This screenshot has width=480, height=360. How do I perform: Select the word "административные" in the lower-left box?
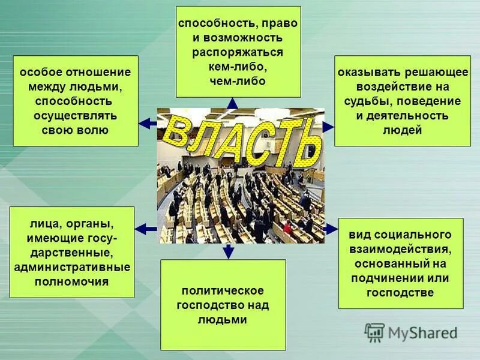point(72,266)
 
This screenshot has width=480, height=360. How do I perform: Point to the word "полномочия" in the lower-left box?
point(72,281)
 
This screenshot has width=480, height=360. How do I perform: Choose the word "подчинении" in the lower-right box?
point(385,278)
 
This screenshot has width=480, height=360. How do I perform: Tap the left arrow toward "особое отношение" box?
point(147,124)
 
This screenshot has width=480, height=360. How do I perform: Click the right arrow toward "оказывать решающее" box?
point(328,127)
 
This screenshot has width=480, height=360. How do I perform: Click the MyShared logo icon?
point(374,332)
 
